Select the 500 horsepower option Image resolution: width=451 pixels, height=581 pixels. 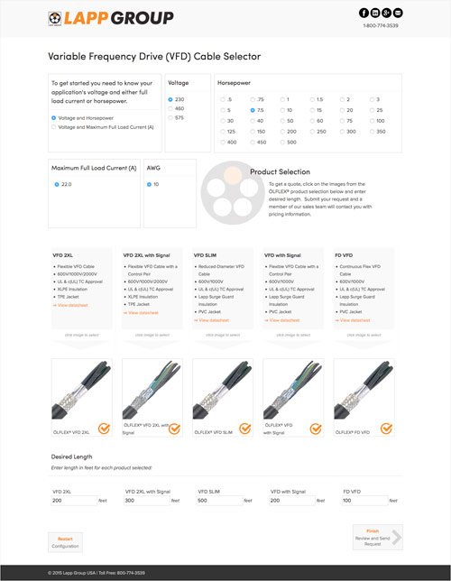pos(281,142)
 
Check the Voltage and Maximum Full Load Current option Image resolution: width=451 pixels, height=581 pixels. pos(54,127)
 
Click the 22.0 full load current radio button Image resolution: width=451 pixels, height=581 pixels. pos(55,183)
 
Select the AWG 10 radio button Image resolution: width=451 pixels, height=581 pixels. pos(149,183)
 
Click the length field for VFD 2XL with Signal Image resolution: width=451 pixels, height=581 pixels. pos(146,500)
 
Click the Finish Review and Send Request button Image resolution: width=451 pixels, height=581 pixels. pos(376,538)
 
